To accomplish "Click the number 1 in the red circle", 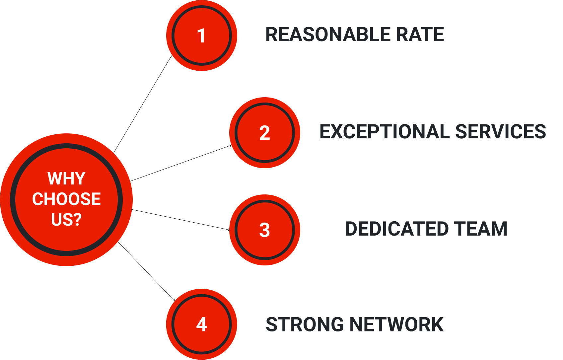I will pyautogui.click(x=201, y=36).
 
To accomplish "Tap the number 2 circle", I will pyautogui.click(x=264, y=133).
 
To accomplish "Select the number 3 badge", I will pyautogui.click(x=264, y=230).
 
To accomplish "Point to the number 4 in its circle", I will pyautogui.click(x=201, y=324).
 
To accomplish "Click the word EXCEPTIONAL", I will pyautogui.click(x=385, y=132).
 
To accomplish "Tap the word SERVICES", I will pyautogui.click(x=501, y=132).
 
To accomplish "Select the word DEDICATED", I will pyautogui.click(x=397, y=229).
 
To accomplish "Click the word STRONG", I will pyautogui.click(x=305, y=324).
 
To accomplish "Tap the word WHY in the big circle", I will pyautogui.click(x=66, y=179).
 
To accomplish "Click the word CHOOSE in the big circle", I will pyautogui.click(x=66, y=199).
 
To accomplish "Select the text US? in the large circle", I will pyautogui.click(x=66, y=220).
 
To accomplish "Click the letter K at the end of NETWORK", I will pyautogui.click(x=436, y=324).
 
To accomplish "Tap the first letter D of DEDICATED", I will pyautogui.click(x=352, y=229).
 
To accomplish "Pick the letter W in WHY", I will pyautogui.click(x=55, y=179).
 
